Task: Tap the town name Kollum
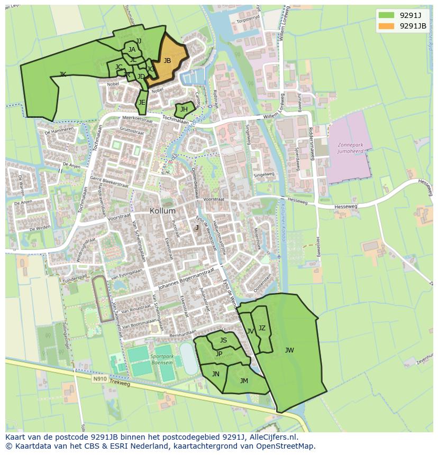(x=162, y=211)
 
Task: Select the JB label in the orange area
(x=167, y=61)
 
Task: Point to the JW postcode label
(x=289, y=350)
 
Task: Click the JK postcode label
(x=63, y=75)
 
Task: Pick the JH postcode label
(x=184, y=110)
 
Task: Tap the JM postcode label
(x=244, y=381)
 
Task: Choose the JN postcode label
(x=216, y=374)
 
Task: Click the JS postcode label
(x=223, y=341)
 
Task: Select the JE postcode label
(x=142, y=103)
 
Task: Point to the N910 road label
(x=99, y=379)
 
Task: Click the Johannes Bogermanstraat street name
(x=186, y=280)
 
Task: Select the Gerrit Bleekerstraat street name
(x=109, y=182)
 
